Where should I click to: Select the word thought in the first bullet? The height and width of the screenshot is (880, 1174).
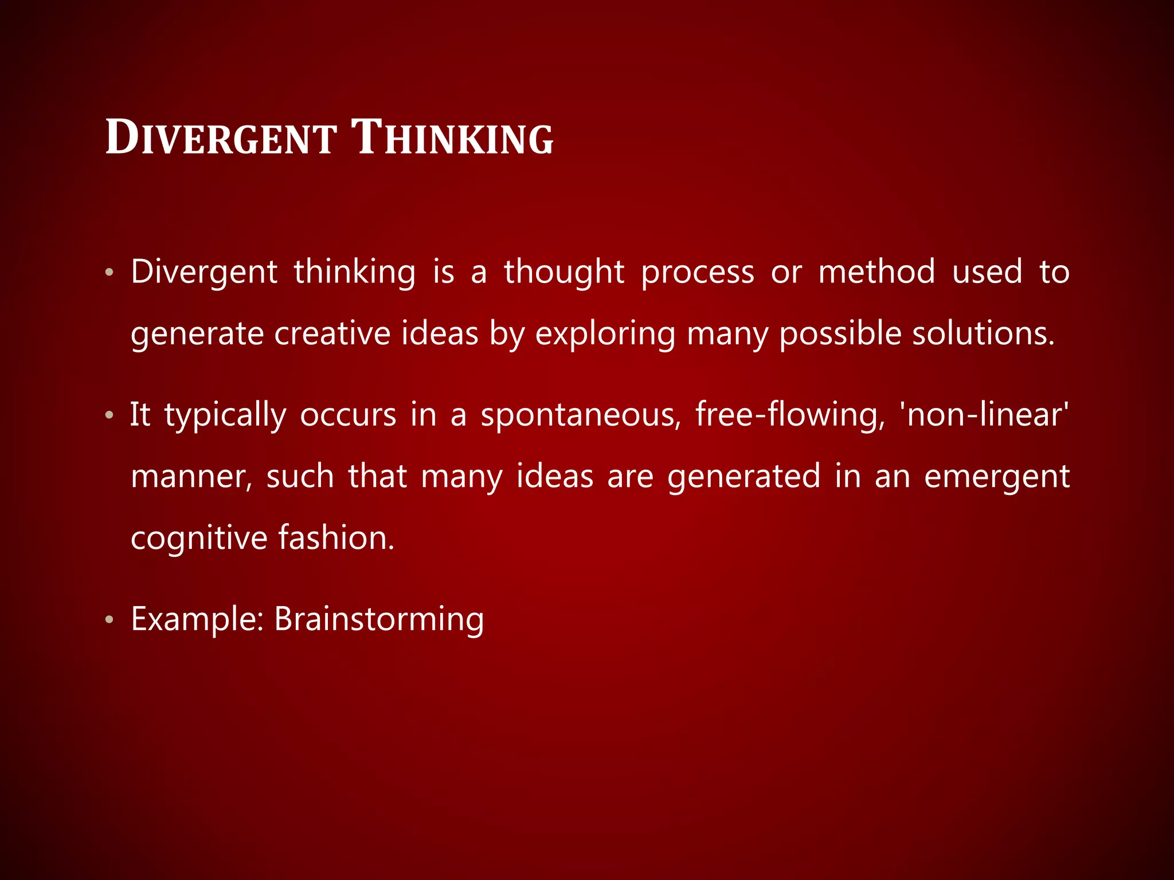coord(563,272)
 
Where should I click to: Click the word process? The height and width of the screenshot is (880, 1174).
coord(697,273)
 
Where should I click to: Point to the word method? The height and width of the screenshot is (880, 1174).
coord(876,272)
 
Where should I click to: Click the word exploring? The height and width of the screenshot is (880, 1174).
coord(605,335)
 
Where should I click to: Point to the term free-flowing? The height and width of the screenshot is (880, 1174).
coord(791,415)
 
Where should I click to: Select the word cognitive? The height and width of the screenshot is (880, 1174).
coord(199,539)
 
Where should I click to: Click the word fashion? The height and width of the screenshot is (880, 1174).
coord(336,539)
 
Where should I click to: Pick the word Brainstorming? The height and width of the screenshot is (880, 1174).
coord(379,620)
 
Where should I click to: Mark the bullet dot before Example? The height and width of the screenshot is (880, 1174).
coord(109,620)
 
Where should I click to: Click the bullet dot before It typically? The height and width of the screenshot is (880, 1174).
coord(109,415)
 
